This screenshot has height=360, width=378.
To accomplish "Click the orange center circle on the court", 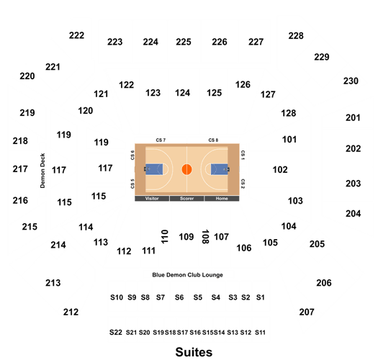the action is (x=186, y=169).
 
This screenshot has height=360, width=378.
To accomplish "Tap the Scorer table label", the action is (x=186, y=199).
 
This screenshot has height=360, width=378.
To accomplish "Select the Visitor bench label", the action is (x=152, y=199).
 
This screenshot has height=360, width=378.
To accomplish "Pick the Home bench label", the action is (x=222, y=199).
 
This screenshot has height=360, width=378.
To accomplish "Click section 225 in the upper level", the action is (x=184, y=42).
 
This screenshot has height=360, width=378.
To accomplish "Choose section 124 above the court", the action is (x=182, y=93).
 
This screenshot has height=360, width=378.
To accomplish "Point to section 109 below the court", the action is (x=186, y=237).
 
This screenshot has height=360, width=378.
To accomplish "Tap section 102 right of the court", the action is (x=280, y=170).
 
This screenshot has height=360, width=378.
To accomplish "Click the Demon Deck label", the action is (x=42, y=171).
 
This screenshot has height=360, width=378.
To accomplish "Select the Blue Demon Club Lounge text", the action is (x=187, y=275).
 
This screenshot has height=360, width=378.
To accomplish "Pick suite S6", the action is (x=179, y=297).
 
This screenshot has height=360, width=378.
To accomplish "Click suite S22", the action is (x=116, y=332).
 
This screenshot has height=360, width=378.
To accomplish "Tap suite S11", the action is (x=260, y=333).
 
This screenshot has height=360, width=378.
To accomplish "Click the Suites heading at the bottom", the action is (x=194, y=352).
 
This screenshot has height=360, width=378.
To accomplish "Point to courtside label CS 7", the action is (x=161, y=140).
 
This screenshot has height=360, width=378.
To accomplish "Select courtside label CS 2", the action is (x=243, y=184).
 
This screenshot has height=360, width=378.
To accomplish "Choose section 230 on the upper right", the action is (x=351, y=81).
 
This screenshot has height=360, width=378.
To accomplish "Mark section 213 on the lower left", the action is (x=53, y=283).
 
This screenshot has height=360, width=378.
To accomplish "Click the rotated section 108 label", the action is (x=205, y=237).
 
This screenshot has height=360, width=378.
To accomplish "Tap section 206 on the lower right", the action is (x=324, y=283).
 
